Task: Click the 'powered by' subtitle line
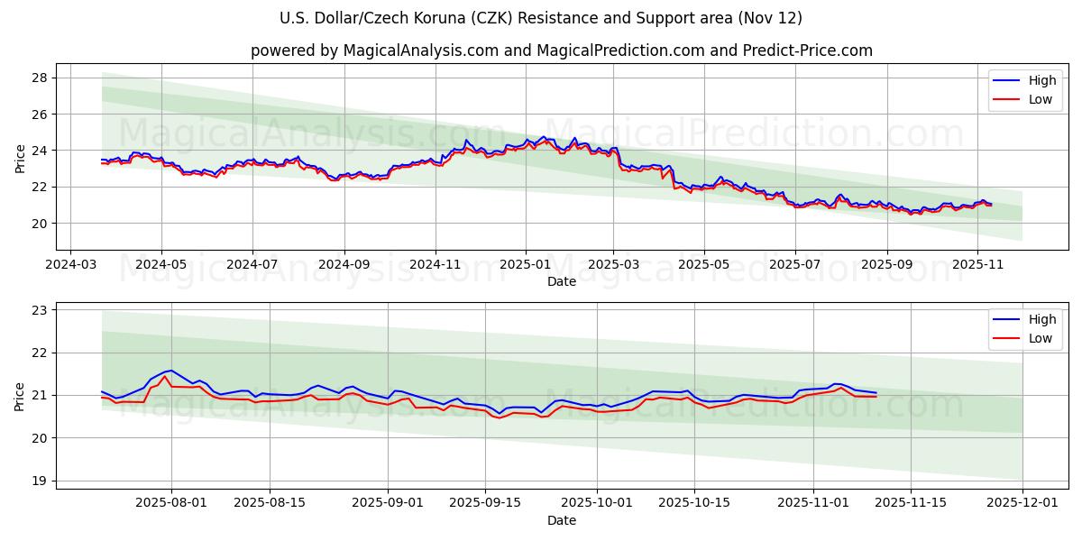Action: click(x=561, y=50)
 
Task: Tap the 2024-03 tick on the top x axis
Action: click(x=71, y=266)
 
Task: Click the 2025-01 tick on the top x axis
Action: click(x=525, y=266)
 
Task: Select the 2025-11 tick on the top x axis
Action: click(x=977, y=266)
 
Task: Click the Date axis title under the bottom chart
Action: click(x=561, y=520)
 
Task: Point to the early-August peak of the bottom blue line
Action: click(x=171, y=370)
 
